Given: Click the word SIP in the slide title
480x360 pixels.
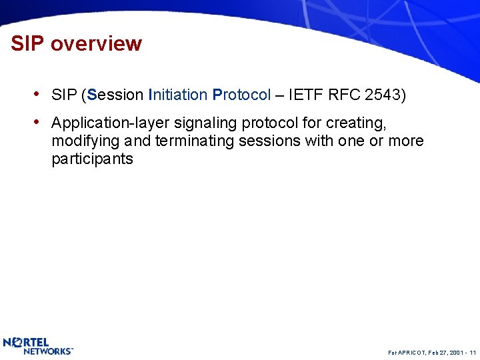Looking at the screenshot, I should [27, 44].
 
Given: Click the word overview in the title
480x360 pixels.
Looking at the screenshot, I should [96, 44].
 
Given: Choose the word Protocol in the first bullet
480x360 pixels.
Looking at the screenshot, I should [241, 95].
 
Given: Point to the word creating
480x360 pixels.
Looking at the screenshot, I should [356, 124].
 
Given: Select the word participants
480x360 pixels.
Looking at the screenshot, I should [92, 159].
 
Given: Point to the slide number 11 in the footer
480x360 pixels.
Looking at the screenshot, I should [472, 351].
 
